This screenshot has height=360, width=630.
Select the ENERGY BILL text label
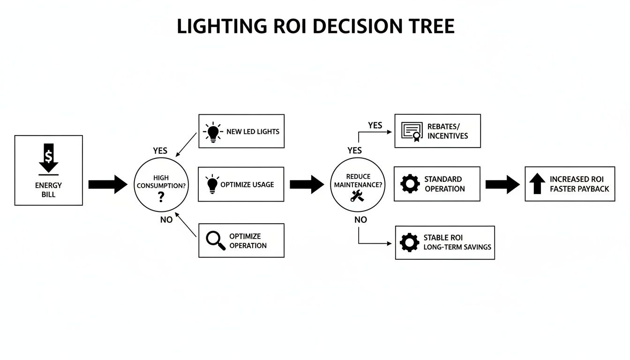click(x=48, y=190)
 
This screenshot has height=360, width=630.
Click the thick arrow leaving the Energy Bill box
click(x=108, y=184)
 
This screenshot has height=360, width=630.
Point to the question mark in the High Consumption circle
click(x=161, y=197)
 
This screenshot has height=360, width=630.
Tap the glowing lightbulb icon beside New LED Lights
click(x=213, y=132)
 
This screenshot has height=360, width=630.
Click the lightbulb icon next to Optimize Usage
click(x=212, y=184)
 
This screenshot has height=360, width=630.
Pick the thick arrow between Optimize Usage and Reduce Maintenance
click(x=307, y=184)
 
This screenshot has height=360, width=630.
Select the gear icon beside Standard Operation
click(x=410, y=184)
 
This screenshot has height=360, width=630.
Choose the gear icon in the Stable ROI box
click(x=409, y=242)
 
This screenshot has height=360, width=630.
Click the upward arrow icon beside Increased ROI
click(x=537, y=184)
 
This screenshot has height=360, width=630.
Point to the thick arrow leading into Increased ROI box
click(x=502, y=184)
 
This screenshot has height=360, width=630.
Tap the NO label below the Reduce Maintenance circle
click(x=360, y=219)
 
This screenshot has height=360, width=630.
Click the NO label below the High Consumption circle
click(x=166, y=220)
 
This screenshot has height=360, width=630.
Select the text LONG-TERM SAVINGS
click(x=457, y=247)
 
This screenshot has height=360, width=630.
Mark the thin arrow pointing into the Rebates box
click(x=375, y=132)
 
